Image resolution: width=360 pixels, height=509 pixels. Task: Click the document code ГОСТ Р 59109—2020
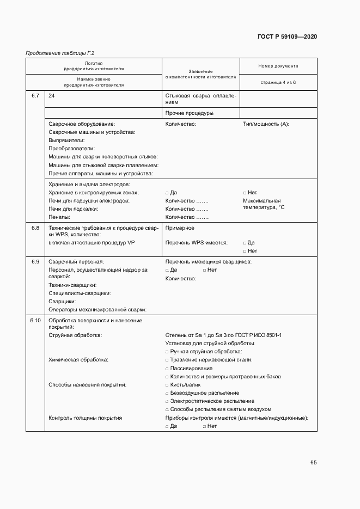(x=287, y=37)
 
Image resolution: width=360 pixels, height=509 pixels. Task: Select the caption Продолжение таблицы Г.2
(x=60, y=53)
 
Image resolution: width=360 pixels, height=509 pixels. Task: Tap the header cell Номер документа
(x=278, y=66)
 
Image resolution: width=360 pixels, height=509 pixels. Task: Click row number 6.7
(x=35, y=96)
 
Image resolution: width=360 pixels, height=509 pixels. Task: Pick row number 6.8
(x=35, y=228)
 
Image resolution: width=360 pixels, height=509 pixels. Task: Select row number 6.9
(x=35, y=262)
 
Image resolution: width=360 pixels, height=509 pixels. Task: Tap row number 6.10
(x=35, y=320)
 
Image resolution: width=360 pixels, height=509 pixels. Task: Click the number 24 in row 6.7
(x=52, y=96)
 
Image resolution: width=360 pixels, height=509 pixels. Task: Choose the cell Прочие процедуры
(x=189, y=113)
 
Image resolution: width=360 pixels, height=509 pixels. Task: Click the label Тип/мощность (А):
(x=266, y=124)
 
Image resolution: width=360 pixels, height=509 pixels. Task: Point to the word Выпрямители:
(x=66, y=140)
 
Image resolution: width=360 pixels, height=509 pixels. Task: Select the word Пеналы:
(x=59, y=217)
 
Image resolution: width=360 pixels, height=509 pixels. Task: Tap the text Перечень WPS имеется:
(x=196, y=243)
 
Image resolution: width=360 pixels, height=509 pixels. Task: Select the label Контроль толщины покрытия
(x=85, y=418)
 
